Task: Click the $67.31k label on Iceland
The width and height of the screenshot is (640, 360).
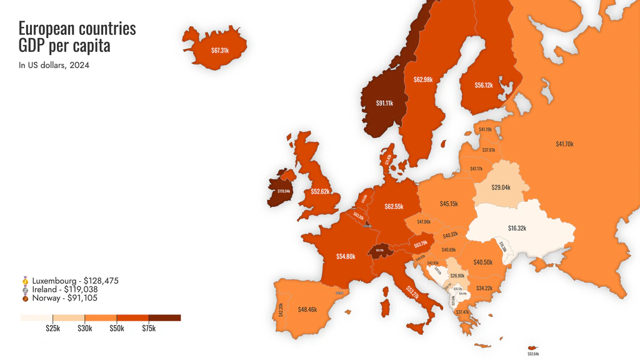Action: pyautogui.click(x=220, y=50)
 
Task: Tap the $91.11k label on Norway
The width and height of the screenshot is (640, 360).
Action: pyautogui.click(x=384, y=103)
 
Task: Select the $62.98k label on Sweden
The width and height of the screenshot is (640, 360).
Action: pyautogui.click(x=423, y=79)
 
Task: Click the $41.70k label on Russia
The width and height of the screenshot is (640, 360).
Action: pyautogui.click(x=564, y=144)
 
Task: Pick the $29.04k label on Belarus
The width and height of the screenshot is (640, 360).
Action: pyautogui.click(x=501, y=187)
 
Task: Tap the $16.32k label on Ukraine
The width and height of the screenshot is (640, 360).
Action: pyautogui.click(x=517, y=228)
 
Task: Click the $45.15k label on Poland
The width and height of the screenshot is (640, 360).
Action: pyautogui.click(x=449, y=204)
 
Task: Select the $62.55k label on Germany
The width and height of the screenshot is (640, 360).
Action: pyautogui.click(x=394, y=206)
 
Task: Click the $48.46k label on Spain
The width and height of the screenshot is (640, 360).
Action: pyautogui.click(x=307, y=309)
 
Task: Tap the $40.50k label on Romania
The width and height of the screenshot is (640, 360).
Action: pyautogui.click(x=483, y=262)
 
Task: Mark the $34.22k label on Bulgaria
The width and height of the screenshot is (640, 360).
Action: pyautogui.click(x=484, y=288)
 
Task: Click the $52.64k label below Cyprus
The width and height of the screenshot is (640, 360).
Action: pyautogui.click(x=532, y=354)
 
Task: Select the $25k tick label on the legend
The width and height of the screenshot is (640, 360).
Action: pyautogui.click(x=52, y=329)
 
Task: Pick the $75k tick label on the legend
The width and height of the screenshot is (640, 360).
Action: pyautogui.click(x=149, y=329)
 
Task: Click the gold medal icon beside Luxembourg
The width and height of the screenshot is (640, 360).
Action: pyautogui.click(x=25, y=281)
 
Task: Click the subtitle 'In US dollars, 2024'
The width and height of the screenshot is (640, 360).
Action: pyautogui.click(x=54, y=65)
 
